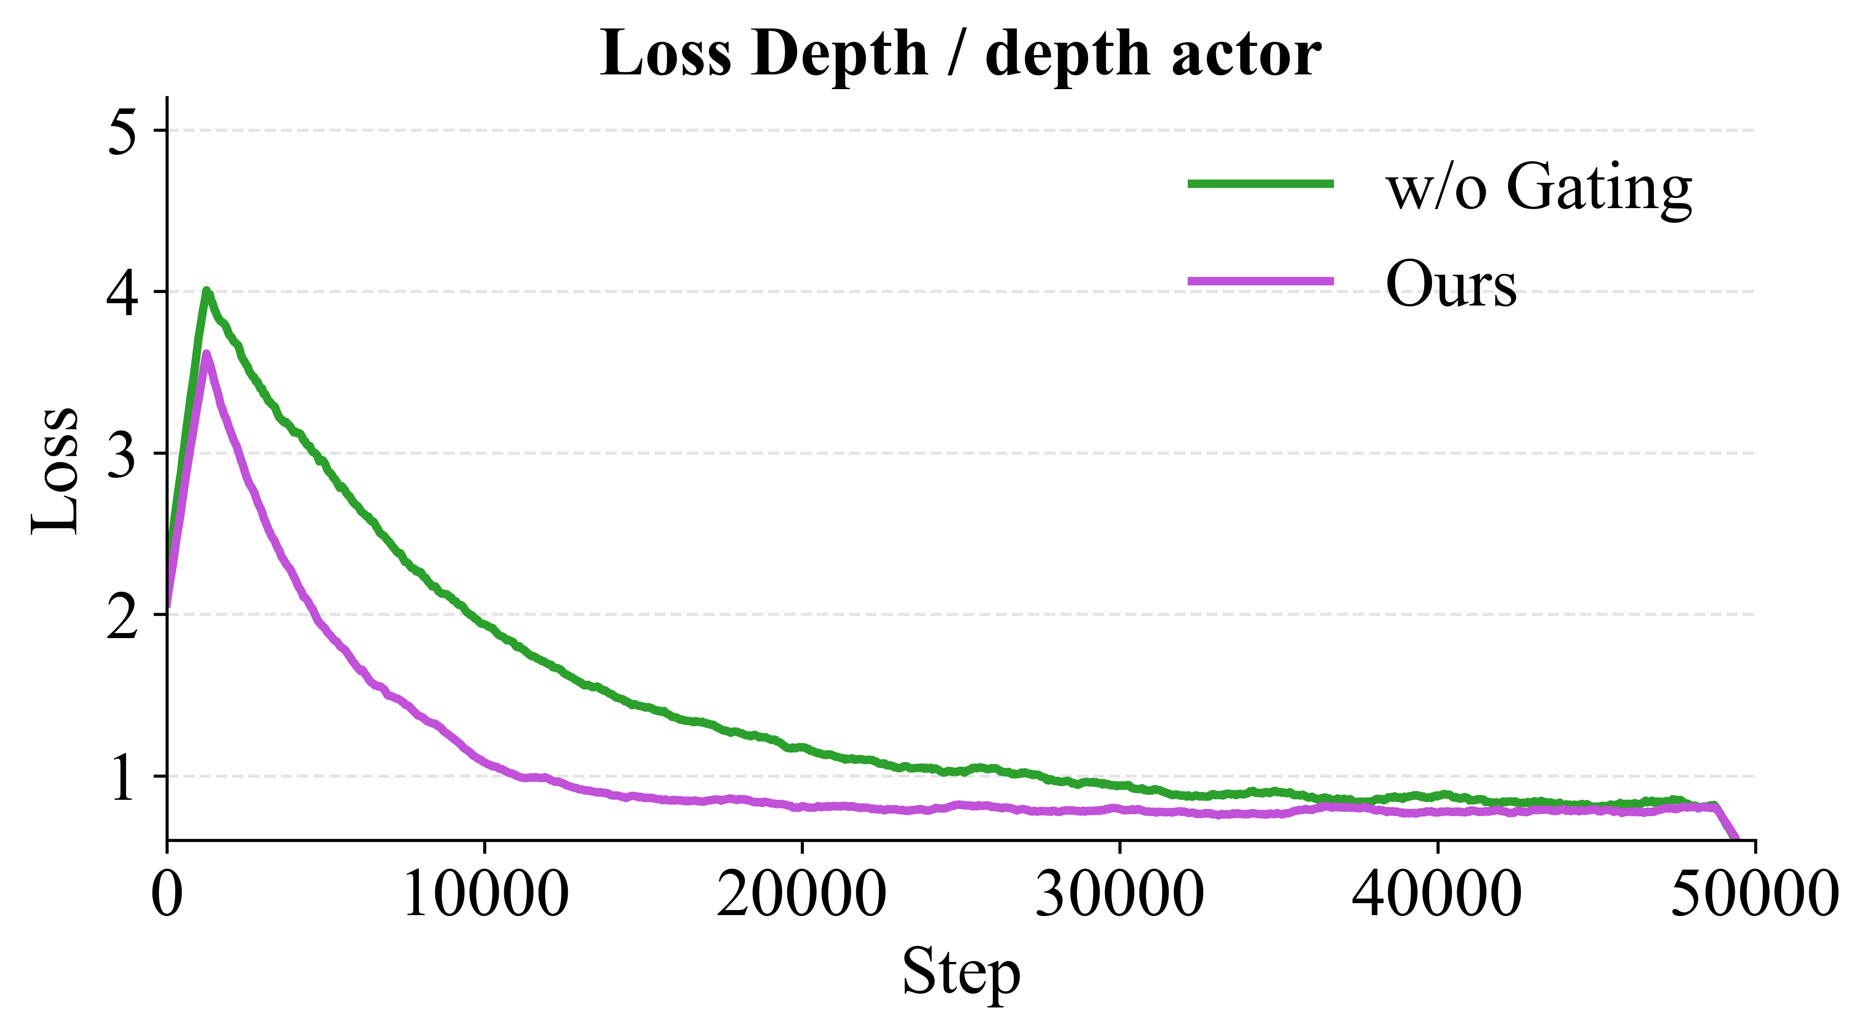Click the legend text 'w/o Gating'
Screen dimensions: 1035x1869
point(1539,187)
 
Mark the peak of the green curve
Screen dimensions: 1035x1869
point(207,291)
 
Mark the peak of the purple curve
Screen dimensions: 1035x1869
point(207,354)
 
